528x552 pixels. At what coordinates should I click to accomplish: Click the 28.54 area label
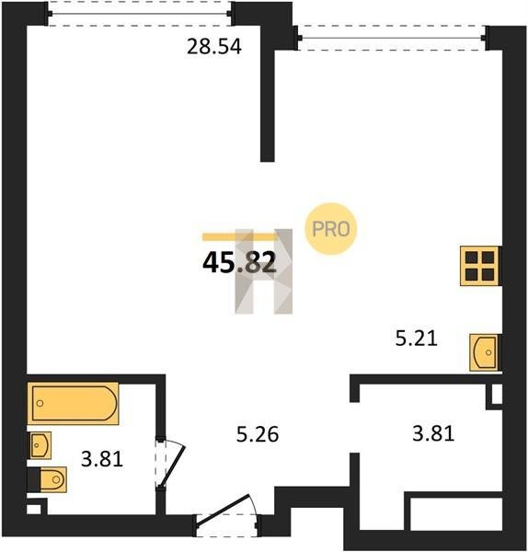click(x=214, y=47)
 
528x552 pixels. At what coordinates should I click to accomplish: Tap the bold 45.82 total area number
click(x=239, y=263)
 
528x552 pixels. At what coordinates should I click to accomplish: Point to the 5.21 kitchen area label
click(x=416, y=339)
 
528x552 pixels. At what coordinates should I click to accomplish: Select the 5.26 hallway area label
click(x=258, y=434)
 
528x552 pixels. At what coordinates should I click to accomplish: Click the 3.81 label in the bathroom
click(x=102, y=459)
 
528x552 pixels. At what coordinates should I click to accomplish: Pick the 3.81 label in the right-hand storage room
click(x=433, y=433)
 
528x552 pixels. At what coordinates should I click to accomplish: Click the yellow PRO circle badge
click(x=331, y=229)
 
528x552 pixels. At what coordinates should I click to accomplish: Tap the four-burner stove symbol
click(x=480, y=266)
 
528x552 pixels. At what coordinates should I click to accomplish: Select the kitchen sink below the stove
click(x=485, y=352)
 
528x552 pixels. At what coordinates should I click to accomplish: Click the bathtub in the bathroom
click(x=74, y=404)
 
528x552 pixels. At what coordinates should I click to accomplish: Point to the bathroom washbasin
click(x=40, y=445)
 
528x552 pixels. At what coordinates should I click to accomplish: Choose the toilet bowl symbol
click(x=53, y=479)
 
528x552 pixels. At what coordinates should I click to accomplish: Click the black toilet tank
click(x=34, y=479)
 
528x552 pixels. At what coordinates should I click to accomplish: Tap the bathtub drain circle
click(x=40, y=403)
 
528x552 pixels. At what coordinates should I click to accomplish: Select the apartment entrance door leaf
click(x=224, y=510)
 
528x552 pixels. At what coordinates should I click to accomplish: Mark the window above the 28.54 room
click(x=140, y=14)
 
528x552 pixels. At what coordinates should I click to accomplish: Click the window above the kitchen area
click(x=392, y=38)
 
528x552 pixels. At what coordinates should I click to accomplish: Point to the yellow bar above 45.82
click(x=240, y=237)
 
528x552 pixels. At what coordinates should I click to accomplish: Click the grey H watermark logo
click(x=264, y=271)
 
